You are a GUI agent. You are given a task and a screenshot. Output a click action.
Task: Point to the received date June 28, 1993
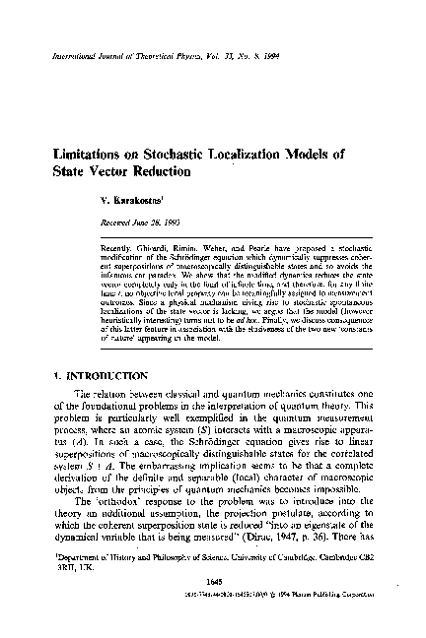151,223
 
